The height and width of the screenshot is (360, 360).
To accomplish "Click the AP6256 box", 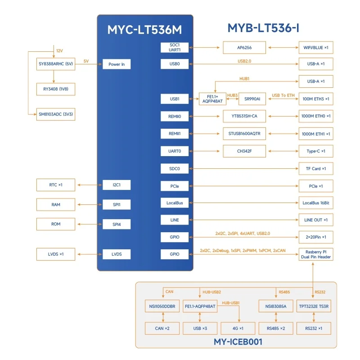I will tap(244, 47).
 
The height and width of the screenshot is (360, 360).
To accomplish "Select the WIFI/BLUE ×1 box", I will tap(316, 47).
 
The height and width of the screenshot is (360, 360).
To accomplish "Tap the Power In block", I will tap(117, 64).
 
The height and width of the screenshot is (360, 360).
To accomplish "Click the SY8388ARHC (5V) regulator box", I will tap(56, 64).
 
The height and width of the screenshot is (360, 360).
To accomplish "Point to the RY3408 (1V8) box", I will tap(56, 89).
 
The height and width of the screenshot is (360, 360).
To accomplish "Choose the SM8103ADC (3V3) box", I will tap(56, 114).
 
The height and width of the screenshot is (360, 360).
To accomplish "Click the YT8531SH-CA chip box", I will tap(244, 117).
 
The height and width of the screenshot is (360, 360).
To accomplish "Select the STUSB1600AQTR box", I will tap(244, 134).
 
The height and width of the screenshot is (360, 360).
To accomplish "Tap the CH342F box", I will tap(244, 151).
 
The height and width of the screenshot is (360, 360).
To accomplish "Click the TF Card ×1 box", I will tap(316, 168).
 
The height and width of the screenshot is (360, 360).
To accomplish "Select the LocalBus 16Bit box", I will tap(316, 203).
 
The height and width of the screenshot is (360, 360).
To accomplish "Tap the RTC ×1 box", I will tap(56, 184).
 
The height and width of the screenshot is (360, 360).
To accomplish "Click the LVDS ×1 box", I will tap(56, 254).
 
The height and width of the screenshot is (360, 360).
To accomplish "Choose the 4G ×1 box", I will tap(238, 328).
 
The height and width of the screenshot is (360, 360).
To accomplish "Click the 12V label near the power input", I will tap(59, 51).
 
